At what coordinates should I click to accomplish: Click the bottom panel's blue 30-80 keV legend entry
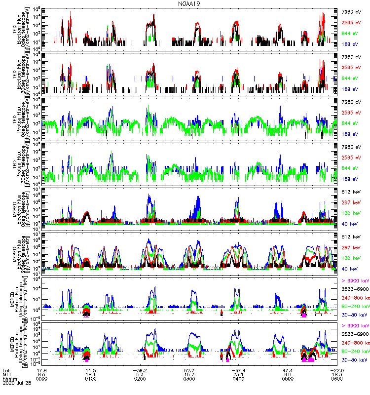point(353,365)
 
